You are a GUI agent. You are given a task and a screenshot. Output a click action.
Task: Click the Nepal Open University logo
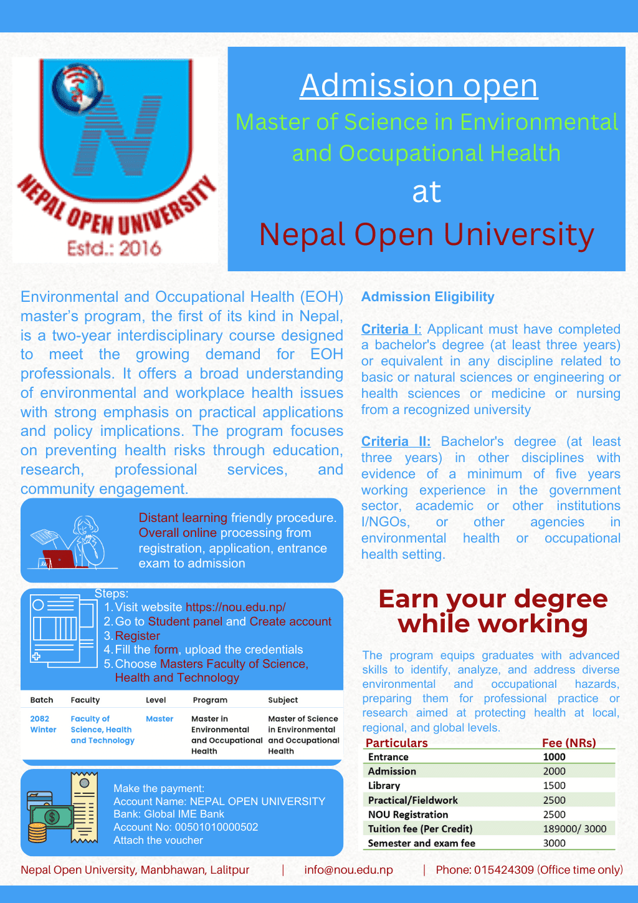tap(115, 159)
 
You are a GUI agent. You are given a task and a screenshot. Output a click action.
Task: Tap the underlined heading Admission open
tap(419, 85)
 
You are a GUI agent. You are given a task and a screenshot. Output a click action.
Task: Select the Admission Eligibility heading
tap(427, 297)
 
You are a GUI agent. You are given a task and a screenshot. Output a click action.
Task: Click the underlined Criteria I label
tap(391, 329)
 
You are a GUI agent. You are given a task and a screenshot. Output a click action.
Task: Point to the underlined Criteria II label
tap(396, 442)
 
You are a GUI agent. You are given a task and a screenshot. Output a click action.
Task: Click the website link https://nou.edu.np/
tap(236, 607)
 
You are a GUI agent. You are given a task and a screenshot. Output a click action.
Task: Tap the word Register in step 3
tap(138, 635)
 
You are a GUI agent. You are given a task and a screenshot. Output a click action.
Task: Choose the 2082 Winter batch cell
tap(43, 724)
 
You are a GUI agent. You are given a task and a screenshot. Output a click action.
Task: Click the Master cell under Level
tap(159, 719)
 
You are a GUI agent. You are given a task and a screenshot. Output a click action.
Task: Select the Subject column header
tap(283, 700)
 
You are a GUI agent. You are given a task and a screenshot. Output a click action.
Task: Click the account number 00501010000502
tap(216, 827)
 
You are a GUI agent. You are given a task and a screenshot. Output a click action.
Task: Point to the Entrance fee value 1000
tap(554, 757)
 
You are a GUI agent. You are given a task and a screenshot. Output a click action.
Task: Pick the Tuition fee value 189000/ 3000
tap(574, 829)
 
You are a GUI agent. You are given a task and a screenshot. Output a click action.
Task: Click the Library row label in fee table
tap(384, 786)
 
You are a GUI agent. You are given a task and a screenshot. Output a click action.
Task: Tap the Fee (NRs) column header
tap(569, 743)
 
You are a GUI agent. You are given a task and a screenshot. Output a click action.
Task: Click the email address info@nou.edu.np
tap(348, 870)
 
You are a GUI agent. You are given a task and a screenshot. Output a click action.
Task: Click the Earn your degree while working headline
tap(492, 611)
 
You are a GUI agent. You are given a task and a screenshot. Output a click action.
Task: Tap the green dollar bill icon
tap(52, 816)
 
